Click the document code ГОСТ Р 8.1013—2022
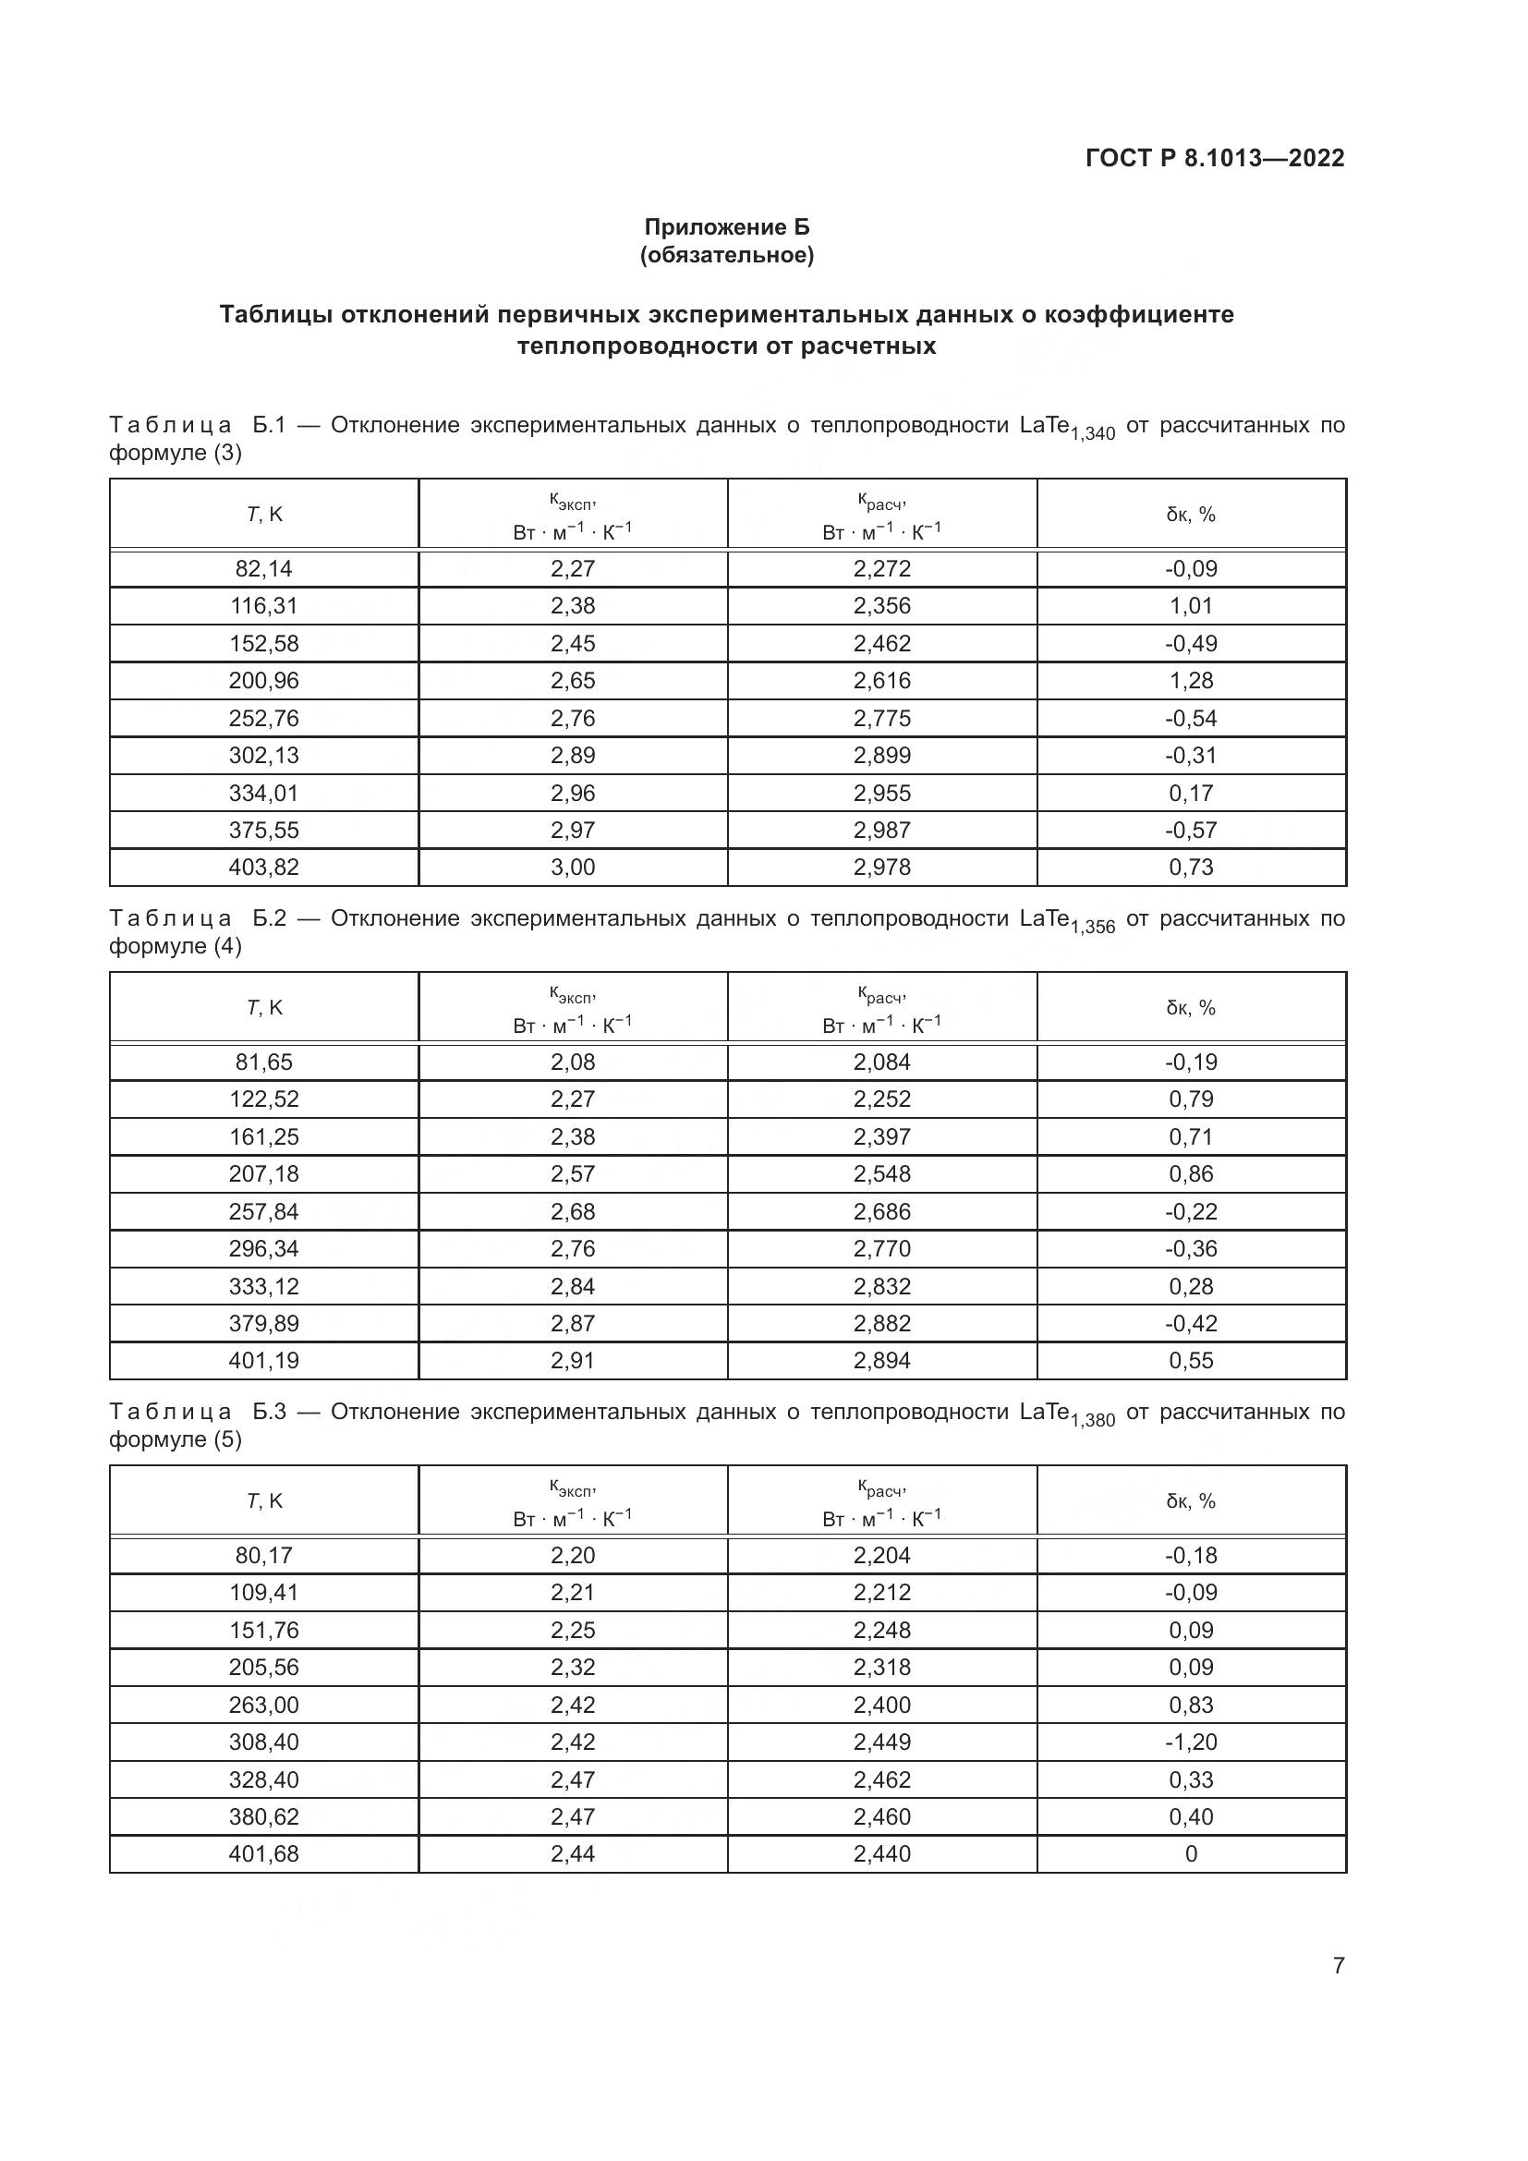pyautogui.click(x=1215, y=158)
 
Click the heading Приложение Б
pyautogui.click(x=726, y=227)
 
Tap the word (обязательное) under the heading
pyautogui.click(x=726, y=255)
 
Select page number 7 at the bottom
pyautogui.click(x=1338, y=1965)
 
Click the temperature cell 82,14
pyautogui.click(x=263, y=568)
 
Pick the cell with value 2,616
pyautogui.click(x=881, y=681)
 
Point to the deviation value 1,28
pyautogui.click(x=1191, y=681)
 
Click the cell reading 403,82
pyautogui.click(x=263, y=867)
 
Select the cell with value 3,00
pyautogui.click(x=572, y=867)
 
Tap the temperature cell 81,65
pyautogui.click(x=263, y=1062)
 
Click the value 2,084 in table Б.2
pyautogui.click(x=881, y=1062)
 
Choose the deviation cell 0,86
pyautogui.click(x=1191, y=1173)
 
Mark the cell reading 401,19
pyautogui.click(x=263, y=1360)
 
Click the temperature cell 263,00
pyautogui.click(x=263, y=1705)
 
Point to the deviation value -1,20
pyautogui.click(x=1191, y=1742)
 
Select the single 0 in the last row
pyautogui.click(x=1191, y=1854)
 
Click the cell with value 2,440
pyautogui.click(x=881, y=1854)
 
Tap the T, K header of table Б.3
pyautogui.click(x=263, y=1501)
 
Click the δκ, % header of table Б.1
pyautogui.click(x=1191, y=514)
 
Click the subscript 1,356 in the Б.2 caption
pyautogui.click(x=1092, y=927)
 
